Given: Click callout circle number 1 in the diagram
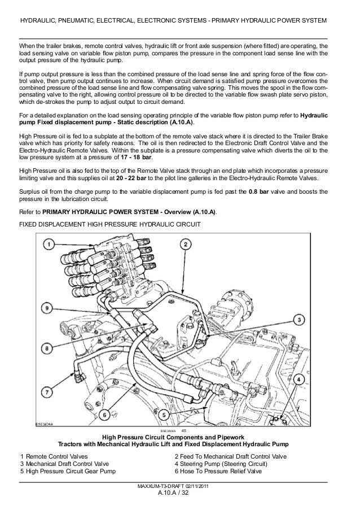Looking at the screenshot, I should pyautogui.click(x=49, y=245).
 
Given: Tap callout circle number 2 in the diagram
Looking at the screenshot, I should pyautogui.click(x=186, y=245).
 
